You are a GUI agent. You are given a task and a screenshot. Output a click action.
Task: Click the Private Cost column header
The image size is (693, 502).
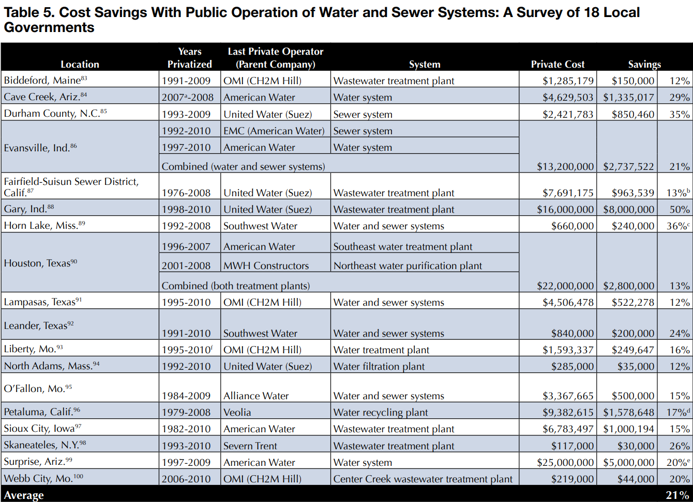pos(558,65)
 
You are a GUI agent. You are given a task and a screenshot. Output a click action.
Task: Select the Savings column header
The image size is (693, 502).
pos(644,65)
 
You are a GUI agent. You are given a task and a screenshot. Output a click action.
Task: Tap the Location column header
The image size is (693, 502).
pos(80,65)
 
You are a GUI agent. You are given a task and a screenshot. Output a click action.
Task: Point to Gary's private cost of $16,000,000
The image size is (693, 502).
pos(565,210)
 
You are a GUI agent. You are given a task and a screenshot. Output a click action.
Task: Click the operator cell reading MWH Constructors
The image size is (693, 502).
pos(266,266)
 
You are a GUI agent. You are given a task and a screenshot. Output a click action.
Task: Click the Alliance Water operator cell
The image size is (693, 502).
pos(256,396)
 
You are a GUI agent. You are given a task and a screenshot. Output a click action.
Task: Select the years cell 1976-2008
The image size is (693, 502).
pos(186,193)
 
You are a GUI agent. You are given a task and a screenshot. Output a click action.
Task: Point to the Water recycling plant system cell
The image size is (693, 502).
pos(381,413)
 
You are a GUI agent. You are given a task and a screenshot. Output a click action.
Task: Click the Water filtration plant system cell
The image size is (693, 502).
pos(379,367)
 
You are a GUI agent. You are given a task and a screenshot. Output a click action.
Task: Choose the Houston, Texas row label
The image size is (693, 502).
pos(41,263)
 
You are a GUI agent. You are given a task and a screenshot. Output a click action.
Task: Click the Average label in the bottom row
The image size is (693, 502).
pos(24,495)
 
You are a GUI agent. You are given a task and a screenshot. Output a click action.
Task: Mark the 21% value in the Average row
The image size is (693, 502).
pos(677,495)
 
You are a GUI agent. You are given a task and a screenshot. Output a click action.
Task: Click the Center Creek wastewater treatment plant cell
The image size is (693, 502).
pos(423,479)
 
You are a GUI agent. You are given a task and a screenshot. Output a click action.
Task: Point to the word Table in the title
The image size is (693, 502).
pos(23,12)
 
